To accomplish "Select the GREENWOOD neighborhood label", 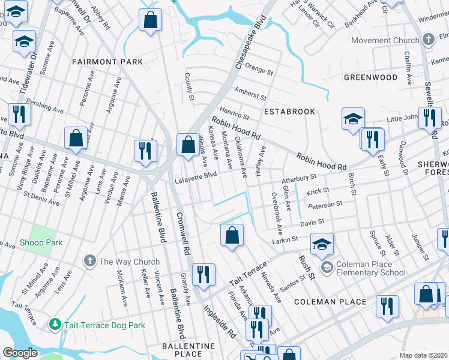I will [370, 77].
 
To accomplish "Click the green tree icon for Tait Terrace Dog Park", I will [55, 325].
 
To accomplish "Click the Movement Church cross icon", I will [428, 41].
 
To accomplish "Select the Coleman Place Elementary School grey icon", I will [327, 266].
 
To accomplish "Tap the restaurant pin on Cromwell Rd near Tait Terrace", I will [203, 274].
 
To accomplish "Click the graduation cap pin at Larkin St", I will [322, 244].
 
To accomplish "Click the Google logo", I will [20, 353].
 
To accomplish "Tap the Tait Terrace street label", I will [247, 275].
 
